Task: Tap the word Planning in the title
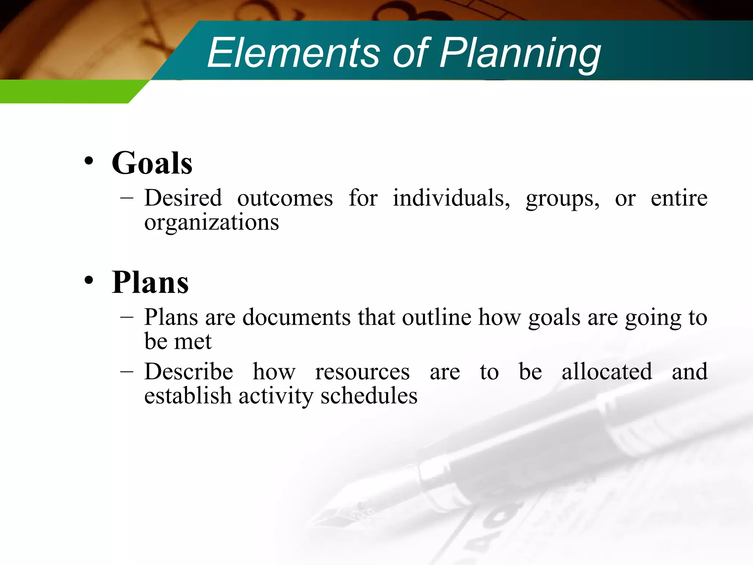520,54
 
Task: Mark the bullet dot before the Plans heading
89,280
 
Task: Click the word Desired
183,198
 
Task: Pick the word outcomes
285,198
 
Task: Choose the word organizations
211,223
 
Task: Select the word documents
296,317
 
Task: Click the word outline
436,317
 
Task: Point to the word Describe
189,372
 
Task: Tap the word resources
362,372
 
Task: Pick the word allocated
607,372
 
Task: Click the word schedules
369,396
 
